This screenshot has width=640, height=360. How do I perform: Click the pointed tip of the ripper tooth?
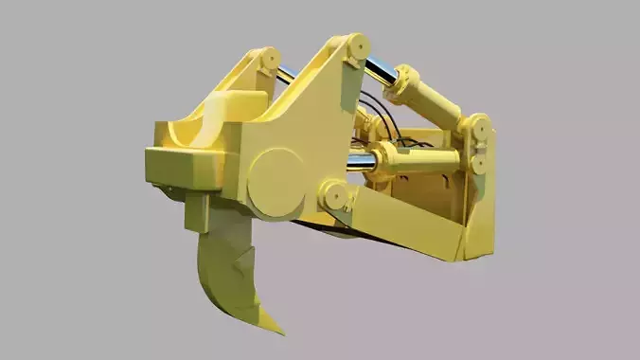pyautogui.click(x=280, y=332)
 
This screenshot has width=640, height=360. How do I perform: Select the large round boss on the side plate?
pyautogui.click(x=276, y=175)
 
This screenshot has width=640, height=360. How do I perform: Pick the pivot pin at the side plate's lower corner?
pyautogui.click(x=333, y=196)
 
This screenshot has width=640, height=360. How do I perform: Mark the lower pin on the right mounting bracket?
pyautogui.click(x=478, y=164)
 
